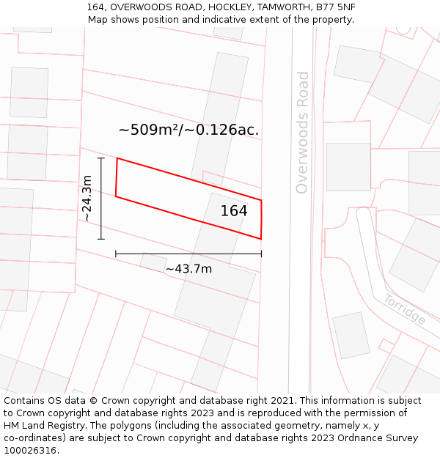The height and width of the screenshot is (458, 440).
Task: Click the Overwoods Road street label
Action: coord(302,132)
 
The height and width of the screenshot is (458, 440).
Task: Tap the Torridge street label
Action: coord(404,309)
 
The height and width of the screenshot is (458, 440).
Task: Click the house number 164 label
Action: coord(234,211)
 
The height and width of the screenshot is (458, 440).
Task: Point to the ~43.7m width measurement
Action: coord(188,269)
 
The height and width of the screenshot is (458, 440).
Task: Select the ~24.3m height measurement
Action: coord(87,198)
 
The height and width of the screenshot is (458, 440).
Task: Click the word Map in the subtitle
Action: coord(98,20)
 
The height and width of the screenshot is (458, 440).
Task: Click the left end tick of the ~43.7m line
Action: coord(116,254)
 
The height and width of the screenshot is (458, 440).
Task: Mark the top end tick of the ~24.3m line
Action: coord(101,158)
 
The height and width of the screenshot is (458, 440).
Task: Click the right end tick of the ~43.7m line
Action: coord(261,254)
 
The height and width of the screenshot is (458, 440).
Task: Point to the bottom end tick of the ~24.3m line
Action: coord(101,239)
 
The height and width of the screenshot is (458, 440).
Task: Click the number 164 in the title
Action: coord(96,7)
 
